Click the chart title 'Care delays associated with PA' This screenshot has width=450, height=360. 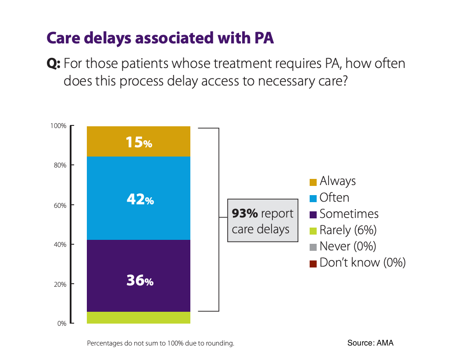(x=160, y=38)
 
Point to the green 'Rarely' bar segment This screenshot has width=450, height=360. (x=139, y=317)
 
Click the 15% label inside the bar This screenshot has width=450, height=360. (x=139, y=142)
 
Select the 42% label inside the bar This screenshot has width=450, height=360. (x=140, y=200)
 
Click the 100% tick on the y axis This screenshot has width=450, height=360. (x=58, y=126)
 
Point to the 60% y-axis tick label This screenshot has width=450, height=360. (x=60, y=205)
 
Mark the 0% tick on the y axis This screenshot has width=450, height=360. (x=61, y=324)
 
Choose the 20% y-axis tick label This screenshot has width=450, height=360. (x=60, y=284)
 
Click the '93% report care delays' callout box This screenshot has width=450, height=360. (x=262, y=221)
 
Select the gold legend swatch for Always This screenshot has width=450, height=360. (x=313, y=182)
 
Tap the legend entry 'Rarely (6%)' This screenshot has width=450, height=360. (x=348, y=230)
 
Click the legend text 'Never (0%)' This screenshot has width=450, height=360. (x=347, y=246)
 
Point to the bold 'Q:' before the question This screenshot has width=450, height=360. (x=54, y=64)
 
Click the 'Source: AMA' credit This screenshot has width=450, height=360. (x=370, y=343)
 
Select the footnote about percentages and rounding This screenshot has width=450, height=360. (x=161, y=343)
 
